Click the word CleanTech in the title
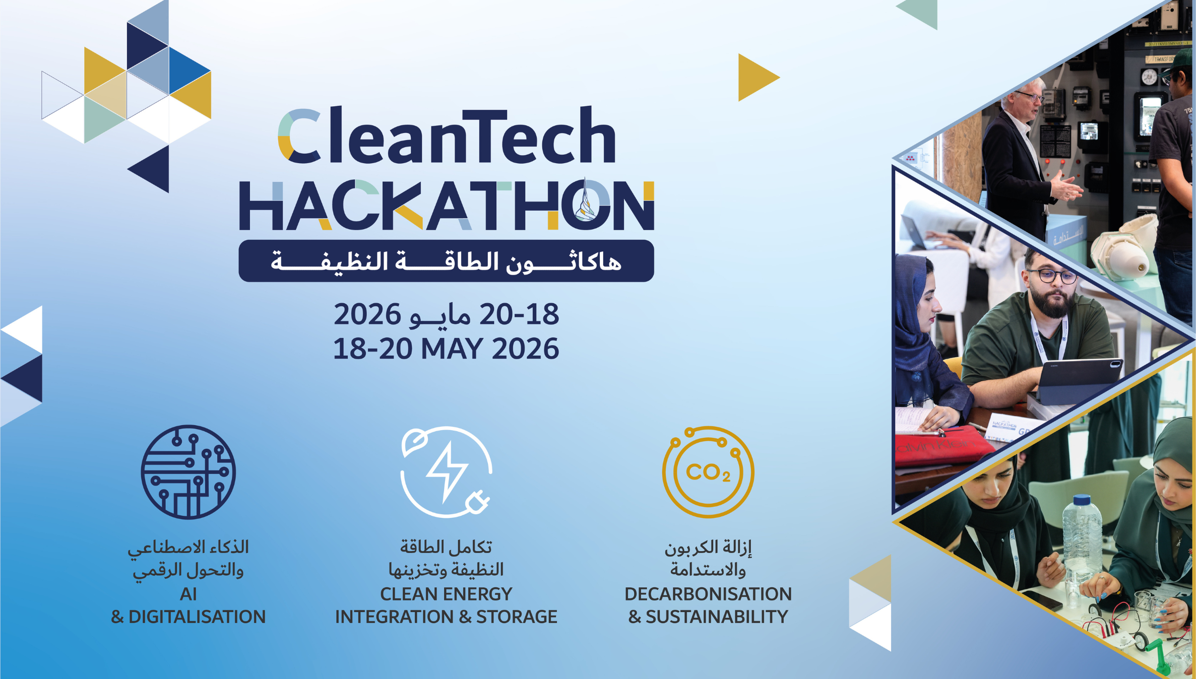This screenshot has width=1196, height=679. click(447, 136)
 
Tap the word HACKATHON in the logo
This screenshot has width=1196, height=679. click(447, 206)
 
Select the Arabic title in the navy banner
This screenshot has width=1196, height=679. click(447, 261)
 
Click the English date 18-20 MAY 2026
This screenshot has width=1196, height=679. click(447, 349)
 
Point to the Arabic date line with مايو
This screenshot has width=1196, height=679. click(447, 314)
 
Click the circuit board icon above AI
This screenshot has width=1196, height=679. click(188, 472)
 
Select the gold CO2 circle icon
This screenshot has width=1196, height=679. click(708, 472)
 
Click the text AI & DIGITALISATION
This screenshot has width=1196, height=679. click(188, 605)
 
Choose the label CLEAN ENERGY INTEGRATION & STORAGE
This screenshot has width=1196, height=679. click(447, 605)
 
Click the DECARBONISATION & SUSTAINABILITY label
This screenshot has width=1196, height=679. click(708, 605)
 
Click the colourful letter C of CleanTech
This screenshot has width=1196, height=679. click(299, 136)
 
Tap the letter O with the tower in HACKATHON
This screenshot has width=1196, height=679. click(586, 206)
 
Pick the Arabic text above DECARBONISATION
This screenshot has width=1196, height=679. click(708, 559)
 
